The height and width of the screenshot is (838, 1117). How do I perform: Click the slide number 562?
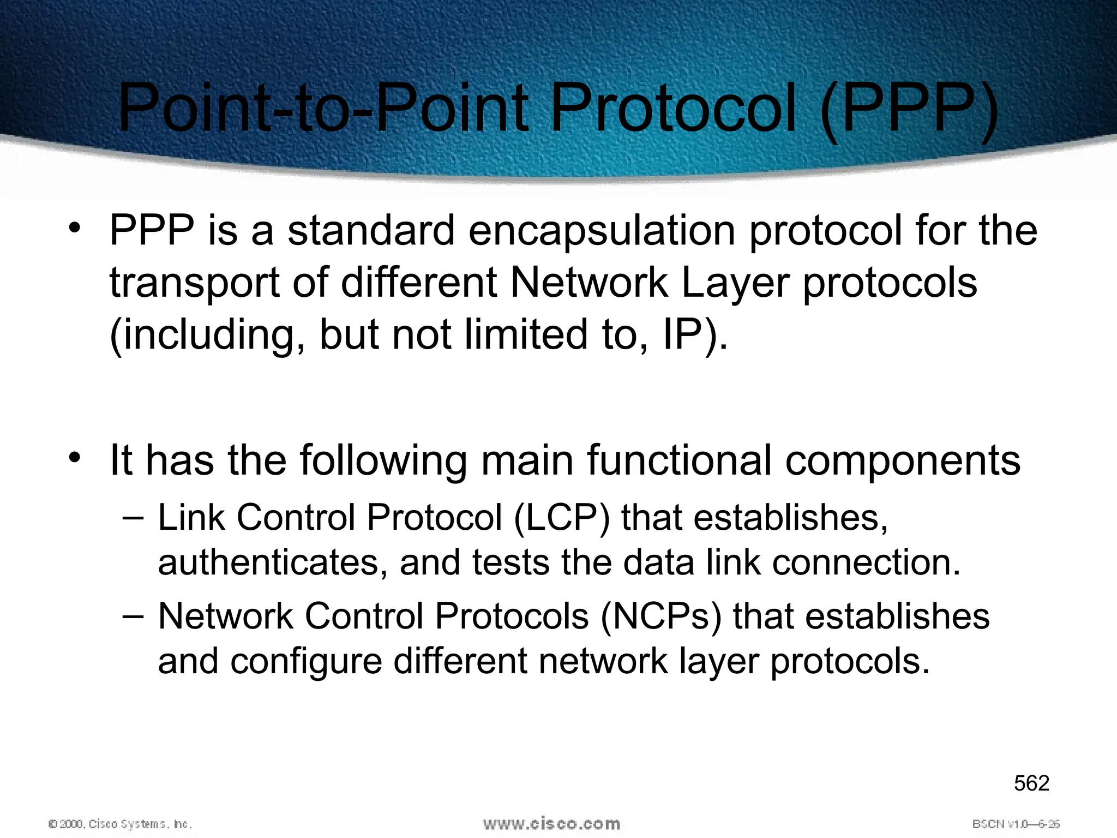tap(1031, 783)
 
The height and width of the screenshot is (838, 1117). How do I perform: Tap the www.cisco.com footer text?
tap(551, 823)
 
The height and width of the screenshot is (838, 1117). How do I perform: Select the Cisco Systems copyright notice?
tap(120, 824)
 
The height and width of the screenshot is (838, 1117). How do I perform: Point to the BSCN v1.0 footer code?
tap(1016, 824)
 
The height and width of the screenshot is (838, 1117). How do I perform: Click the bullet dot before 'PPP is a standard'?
tap(75, 226)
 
